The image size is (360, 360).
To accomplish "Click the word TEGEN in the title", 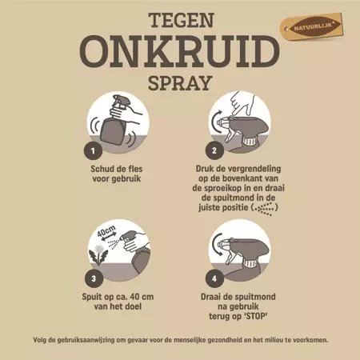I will click(180, 20).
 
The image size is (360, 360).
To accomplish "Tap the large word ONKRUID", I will click(180, 50).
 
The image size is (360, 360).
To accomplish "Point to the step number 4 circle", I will click(214, 279).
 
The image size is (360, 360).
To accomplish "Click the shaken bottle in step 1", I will click(118, 127).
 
